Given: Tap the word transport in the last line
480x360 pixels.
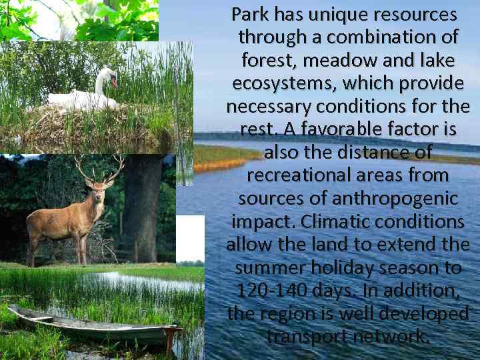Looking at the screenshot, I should click(x=306, y=337).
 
